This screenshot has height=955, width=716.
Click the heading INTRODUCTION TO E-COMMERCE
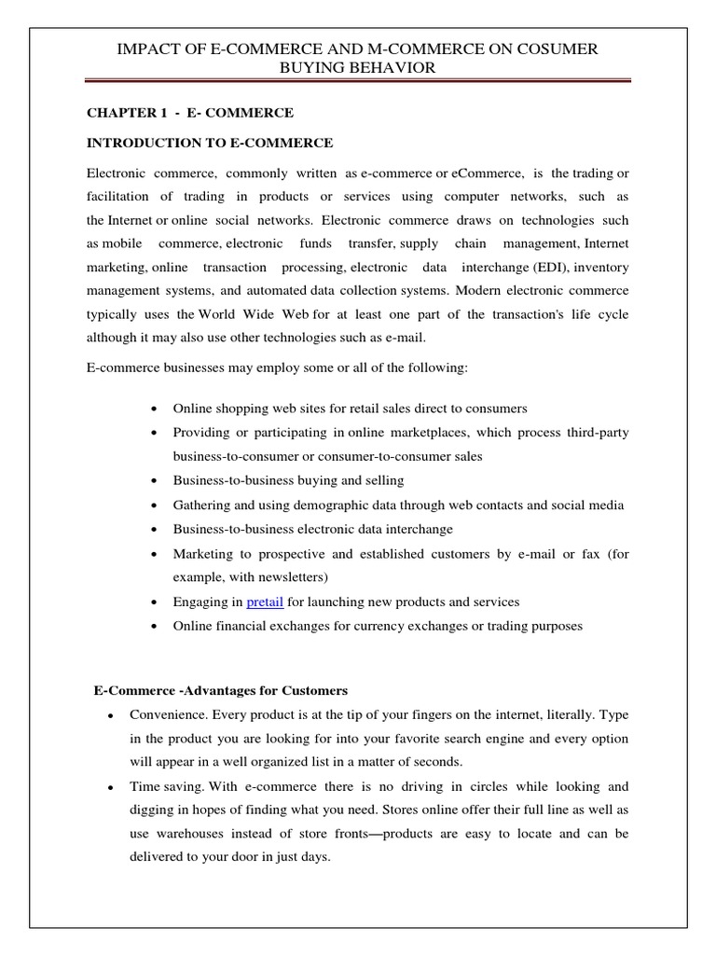click(x=210, y=143)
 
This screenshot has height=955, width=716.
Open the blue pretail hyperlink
click(x=266, y=602)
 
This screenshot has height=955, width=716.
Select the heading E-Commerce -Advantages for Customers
click(x=221, y=690)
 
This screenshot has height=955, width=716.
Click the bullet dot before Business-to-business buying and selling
click(x=153, y=481)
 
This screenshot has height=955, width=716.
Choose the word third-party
click(x=594, y=432)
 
